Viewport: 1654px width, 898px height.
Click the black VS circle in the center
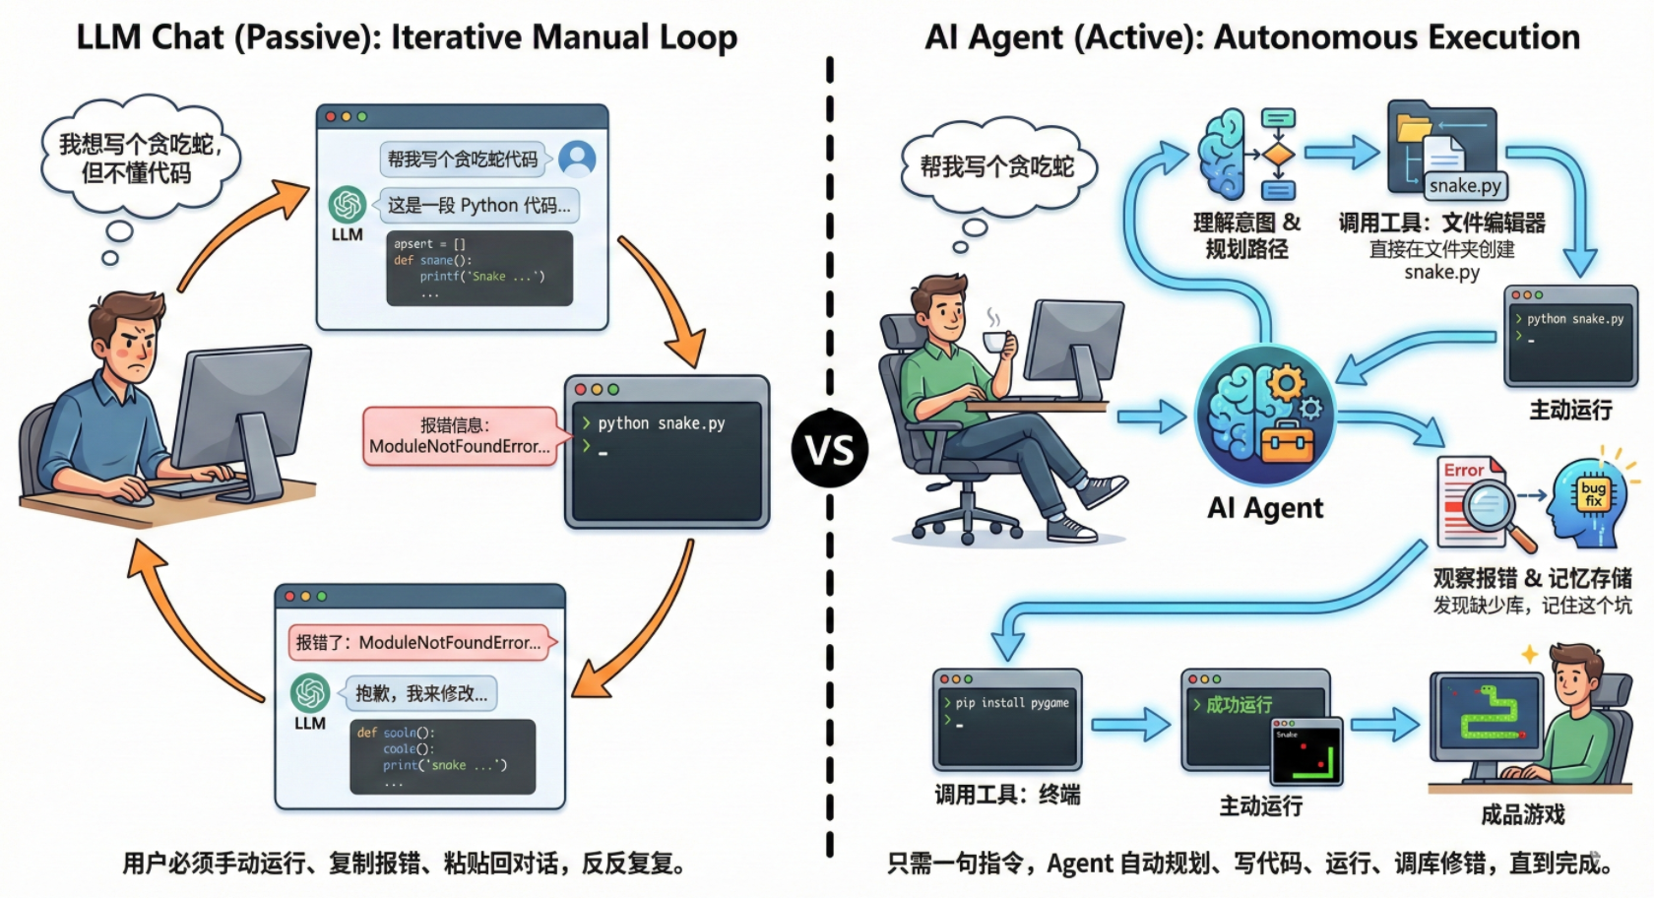pos(829,450)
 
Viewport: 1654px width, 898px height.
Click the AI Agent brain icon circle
pos(1265,415)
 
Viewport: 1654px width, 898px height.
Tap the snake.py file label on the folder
pos(1465,185)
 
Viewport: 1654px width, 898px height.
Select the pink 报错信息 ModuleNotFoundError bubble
pos(459,436)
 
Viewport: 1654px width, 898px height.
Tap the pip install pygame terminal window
pos(1007,720)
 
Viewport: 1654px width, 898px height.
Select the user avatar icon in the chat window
pos(577,158)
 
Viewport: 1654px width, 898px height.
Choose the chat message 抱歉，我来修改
pos(420,693)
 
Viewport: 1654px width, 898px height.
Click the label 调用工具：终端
pos(1007,795)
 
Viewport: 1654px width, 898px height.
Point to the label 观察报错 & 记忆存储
pos(1532,579)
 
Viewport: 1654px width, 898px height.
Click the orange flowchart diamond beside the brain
pos(1278,156)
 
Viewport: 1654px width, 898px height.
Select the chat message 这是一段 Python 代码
pos(478,205)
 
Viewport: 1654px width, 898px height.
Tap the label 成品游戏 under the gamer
pos(1522,814)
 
